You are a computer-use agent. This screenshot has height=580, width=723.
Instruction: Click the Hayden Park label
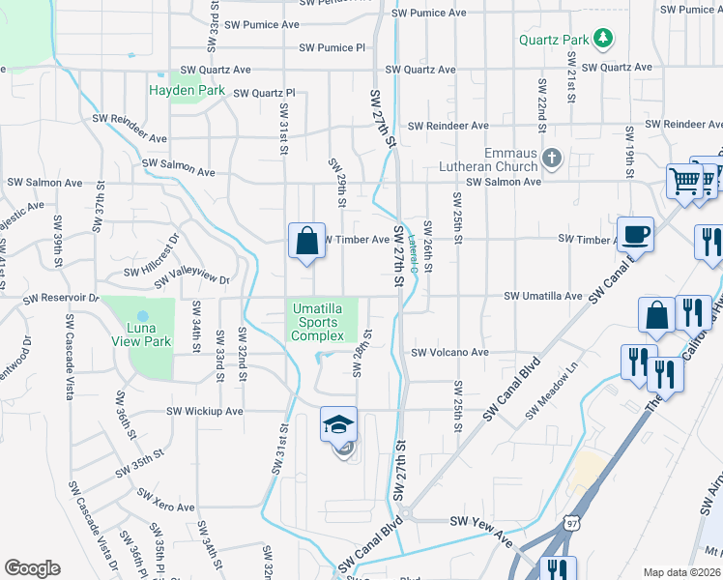tap(187, 91)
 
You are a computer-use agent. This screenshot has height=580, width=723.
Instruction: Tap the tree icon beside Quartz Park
tap(604, 39)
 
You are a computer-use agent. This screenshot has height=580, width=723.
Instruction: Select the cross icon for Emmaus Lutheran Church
tap(552, 159)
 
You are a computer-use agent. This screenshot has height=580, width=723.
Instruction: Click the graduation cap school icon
tap(338, 424)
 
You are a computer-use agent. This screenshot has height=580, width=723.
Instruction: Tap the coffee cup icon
tap(635, 234)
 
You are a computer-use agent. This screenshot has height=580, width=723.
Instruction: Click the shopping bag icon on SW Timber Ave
tap(306, 241)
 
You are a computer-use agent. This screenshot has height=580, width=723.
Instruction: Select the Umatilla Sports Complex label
tap(317, 322)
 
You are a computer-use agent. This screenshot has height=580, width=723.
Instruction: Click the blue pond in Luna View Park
tap(143, 316)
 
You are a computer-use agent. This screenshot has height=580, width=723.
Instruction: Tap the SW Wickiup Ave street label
tap(204, 411)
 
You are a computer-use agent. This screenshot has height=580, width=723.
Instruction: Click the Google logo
tap(32, 568)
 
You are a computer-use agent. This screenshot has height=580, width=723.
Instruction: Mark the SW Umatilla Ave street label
tap(544, 296)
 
